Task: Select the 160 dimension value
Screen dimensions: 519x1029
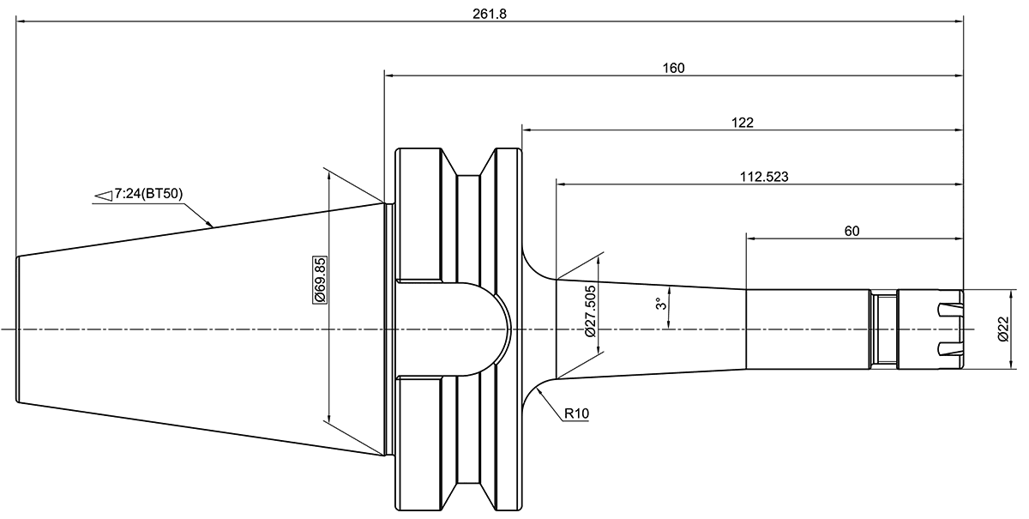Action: pyautogui.click(x=673, y=68)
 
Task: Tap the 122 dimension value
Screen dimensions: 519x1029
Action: pyautogui.click(x=743, y=123)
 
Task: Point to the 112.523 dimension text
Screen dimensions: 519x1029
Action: pyautogui.click(x=764, y=177)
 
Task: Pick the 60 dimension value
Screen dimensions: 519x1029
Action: pyautogui.click(x=852, y=231)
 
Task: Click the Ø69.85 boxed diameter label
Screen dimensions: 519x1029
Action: pyautogui.click(x=320, y=279)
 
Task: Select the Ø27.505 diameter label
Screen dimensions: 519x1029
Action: pyautogui.click(x=589, y=311)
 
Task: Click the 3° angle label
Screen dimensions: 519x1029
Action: pyautogui.click(x=659, y=305)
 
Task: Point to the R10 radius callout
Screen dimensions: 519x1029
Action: pyautogui.click(x=576, y=414)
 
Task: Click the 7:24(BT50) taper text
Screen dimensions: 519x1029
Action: pyautogui.click(x=147, y=194)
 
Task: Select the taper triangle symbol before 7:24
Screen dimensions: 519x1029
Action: pyautogui.click(x=103, y=196)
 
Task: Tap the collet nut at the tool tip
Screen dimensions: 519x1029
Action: pyautogui.click(x=930, y=329)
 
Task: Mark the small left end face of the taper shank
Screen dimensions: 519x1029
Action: pyautogui.click(x=17, y=329)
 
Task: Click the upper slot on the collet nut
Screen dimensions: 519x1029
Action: pyautogui.click(x=951, y=309)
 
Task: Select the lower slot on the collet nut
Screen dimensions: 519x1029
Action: pyautogui.click(x=951, y=349)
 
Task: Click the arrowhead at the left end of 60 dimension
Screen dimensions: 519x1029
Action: pyautogui.click(x=749, y=238)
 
